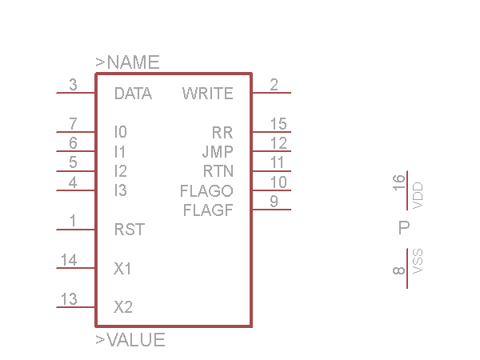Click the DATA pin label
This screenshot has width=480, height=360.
[x=133, y=94]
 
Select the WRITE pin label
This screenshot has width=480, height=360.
[x=207, y=94]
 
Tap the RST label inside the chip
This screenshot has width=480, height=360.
[x=129, y=230]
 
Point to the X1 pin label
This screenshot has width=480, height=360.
[x=122, y=269]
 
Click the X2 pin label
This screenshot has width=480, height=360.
[x=123, y=307]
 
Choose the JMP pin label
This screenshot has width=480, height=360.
[x=217, y=151]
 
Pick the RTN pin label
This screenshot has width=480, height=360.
[x=218, y=171]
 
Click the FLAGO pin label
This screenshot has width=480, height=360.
[x=206, y=191]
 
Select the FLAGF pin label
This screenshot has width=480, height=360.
[x=208, y=211]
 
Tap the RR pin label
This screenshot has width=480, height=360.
[x=222, y=132]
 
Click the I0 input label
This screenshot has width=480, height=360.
[x=121, y=132]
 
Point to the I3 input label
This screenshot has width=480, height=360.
[x=121, y=190]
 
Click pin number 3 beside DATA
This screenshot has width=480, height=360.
[x=73, y=84]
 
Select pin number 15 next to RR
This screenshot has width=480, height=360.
[x=278, y=123]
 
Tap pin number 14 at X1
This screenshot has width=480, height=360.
[x=69, y=260]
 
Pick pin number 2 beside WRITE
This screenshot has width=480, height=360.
[x=274, y=84]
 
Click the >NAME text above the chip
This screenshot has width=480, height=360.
[x=127, y=62]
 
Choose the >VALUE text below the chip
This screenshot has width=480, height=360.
[x=130, y=340]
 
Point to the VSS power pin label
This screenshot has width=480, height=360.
[x=418, y=262]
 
